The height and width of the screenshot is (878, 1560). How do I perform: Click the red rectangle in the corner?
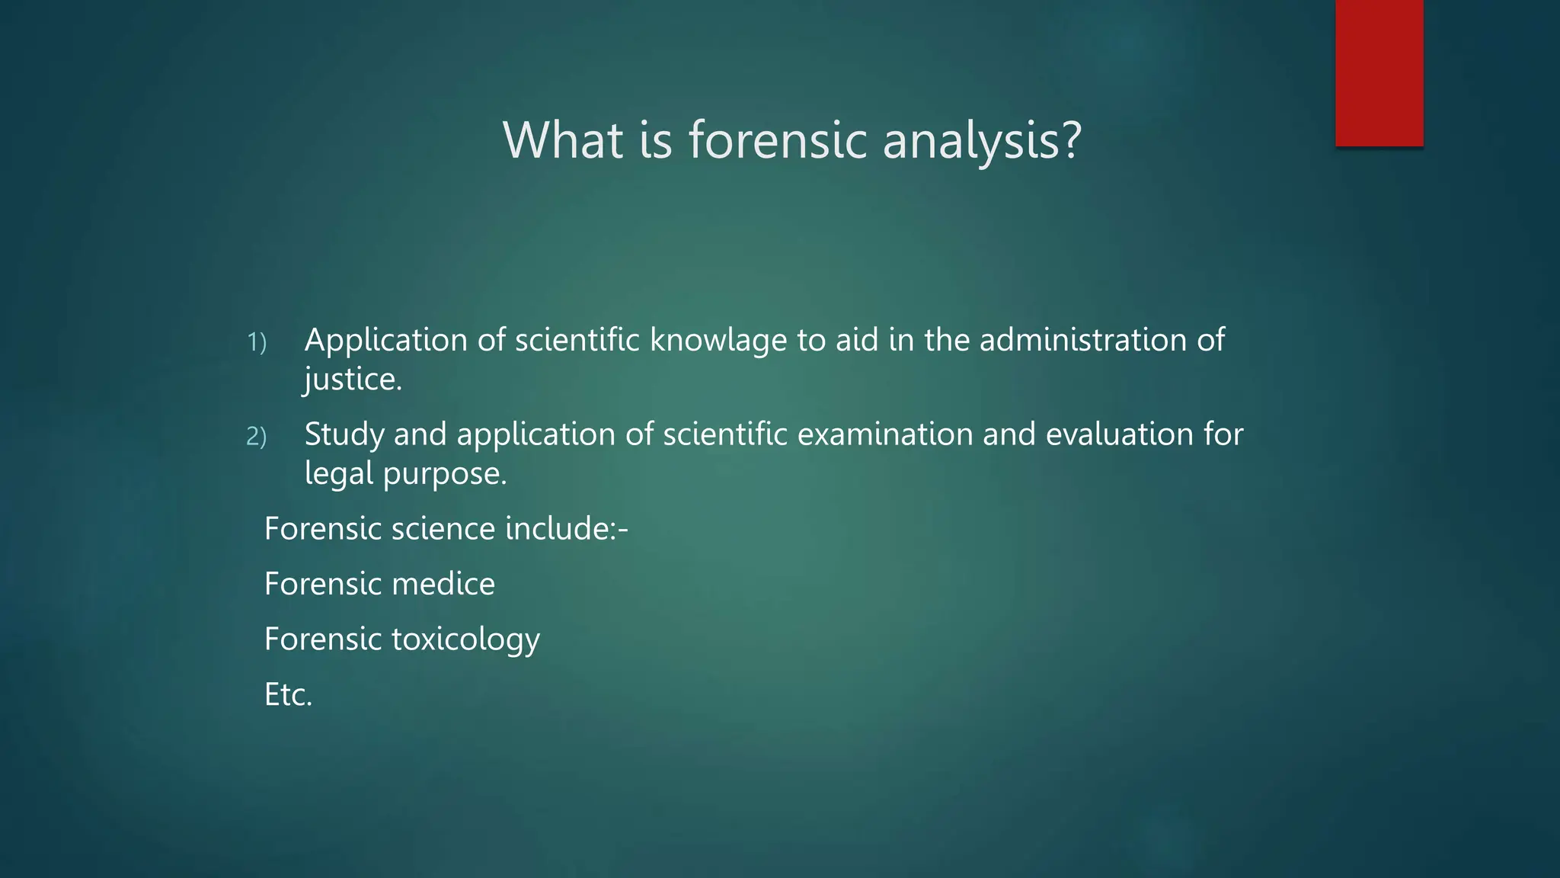coord(1379,72)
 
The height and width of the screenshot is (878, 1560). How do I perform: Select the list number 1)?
coord(257,342)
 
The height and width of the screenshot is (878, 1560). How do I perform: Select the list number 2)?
coord(257,437)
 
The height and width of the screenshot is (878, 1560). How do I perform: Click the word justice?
coord(353,380)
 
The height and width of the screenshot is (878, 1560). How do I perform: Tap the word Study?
coord(344,435)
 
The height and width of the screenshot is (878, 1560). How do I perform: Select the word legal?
coord(338,474)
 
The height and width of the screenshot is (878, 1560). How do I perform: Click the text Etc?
coord(288,695)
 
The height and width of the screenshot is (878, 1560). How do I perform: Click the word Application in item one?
coord(385,341)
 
